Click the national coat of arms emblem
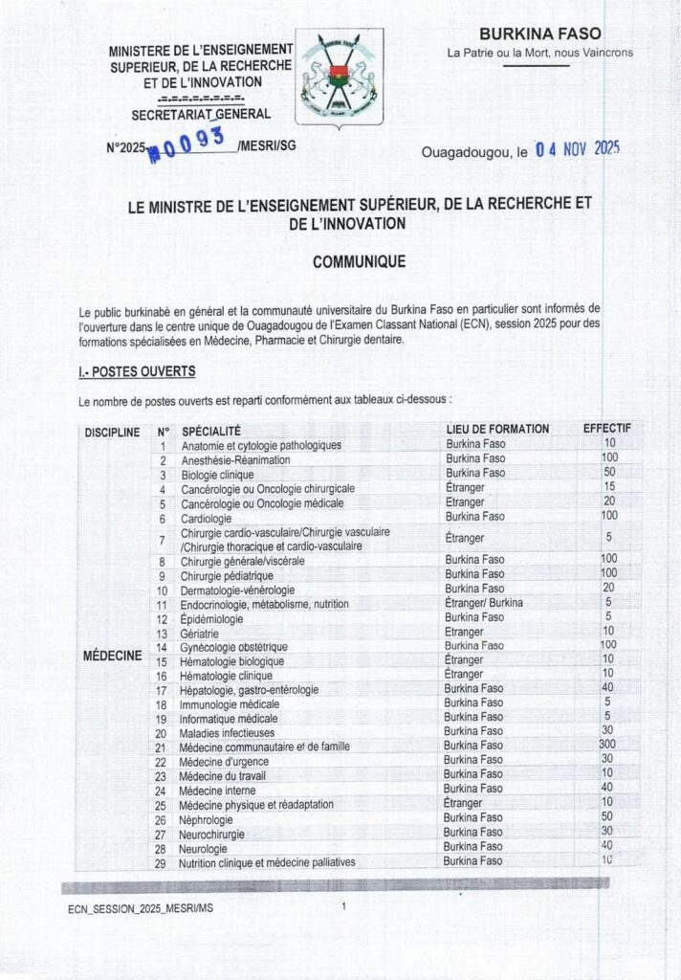(x=336, y=80)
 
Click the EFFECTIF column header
(x=607, y=429)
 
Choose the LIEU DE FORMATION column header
(x=497, y=430)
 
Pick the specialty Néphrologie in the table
(x=209, y=818)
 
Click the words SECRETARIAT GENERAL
(x=201, y=116)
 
